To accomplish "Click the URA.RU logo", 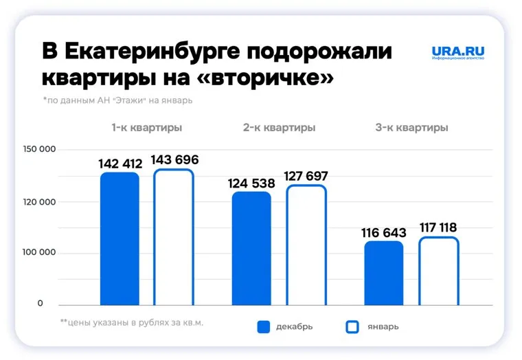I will pos(458,52).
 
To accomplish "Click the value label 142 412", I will pos(120,164).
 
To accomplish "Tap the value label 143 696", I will pos(175,160).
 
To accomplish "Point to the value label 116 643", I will pos(383,233).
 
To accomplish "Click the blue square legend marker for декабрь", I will pos(264,327).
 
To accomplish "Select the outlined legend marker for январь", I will pos(352,327).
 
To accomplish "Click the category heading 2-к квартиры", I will pos(279,128).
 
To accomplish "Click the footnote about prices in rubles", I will pos(132,322).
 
